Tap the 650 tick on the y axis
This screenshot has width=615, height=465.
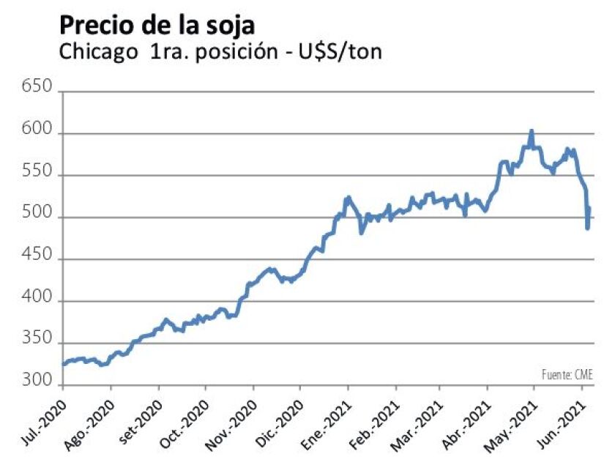(37, 88)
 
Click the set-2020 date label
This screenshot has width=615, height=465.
(135, 420)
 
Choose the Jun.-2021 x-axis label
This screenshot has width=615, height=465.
(560, 420)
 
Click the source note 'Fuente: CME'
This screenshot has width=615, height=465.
(567, 375)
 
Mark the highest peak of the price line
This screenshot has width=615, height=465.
(532, 131)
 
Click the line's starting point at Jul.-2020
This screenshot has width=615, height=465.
(63, 364)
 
